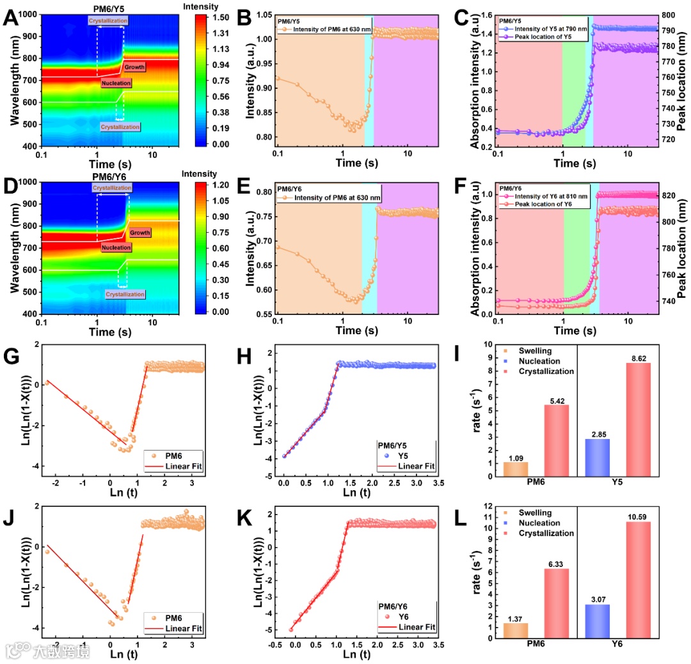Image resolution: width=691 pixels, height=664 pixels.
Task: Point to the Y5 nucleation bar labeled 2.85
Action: [x=596, y=457]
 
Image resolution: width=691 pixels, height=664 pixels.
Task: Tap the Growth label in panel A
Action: [x=134, y=67]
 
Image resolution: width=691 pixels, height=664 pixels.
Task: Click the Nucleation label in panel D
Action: [x=116, y=247]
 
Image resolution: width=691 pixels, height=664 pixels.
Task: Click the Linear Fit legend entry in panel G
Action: [x=182, y=467]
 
